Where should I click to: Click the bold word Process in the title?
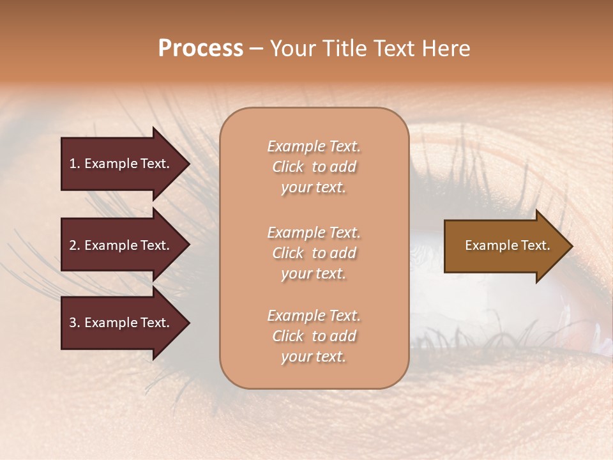point(201,49)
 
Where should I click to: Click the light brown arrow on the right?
point(504,246)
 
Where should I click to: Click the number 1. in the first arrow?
point(75,164)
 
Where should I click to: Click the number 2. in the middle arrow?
point(75,245)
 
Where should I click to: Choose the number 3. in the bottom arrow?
point(75,323)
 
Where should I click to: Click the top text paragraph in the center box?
point(314,167)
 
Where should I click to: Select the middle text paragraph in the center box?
point(314,253)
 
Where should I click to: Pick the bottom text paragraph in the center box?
point(314,336)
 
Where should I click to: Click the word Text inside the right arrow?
point(536,245)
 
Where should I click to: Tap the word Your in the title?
point(291,49)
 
